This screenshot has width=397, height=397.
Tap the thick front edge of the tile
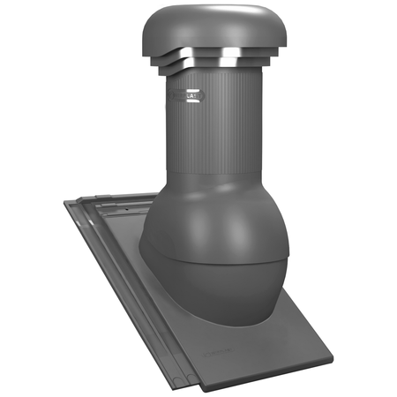click(x=273, y=375)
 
